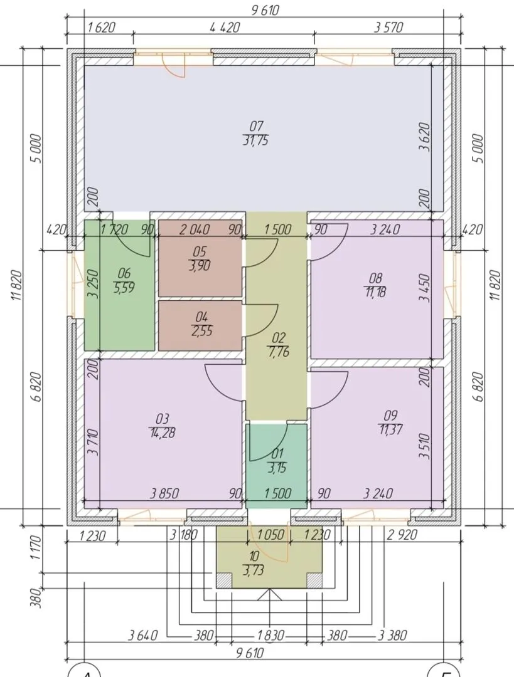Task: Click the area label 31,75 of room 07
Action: (x=256, y=140)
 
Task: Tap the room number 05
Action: (x=200, y=251)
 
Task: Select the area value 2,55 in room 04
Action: (x=201, y=331)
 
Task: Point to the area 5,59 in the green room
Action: (x=124, y=287)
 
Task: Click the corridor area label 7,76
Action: (x=278, y=352)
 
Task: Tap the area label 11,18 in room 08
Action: (x=375, y=292)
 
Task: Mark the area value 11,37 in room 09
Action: (x=390, y=429)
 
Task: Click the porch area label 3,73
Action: (x=254, y=571)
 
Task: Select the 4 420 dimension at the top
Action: (x=224, y=28)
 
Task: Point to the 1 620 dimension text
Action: (x=101, y=28)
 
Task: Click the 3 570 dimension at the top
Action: (x=388, y=28)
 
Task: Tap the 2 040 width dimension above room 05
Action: (x=195, y=229)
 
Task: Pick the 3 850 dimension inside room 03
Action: (x=164, y=493)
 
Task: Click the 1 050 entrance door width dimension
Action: (x=270, y=535)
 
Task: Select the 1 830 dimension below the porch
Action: (x=270, y=635)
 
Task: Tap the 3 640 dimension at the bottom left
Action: (x=143, y=635)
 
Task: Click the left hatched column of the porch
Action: (x=224, y=580)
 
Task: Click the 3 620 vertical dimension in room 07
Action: (x=426, y=137)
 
